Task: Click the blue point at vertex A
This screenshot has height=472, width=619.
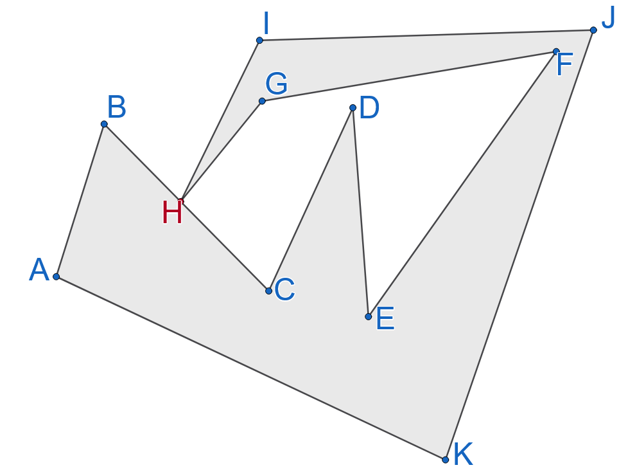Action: coord(57,277)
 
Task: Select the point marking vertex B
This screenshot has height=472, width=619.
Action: coord(104,124)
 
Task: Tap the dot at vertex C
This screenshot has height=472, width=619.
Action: coord(268,291)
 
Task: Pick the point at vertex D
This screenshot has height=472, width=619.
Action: coord(353,107)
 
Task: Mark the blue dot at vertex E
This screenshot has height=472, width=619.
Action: coord(368,316)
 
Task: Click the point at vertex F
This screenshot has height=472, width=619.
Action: coord(556,51)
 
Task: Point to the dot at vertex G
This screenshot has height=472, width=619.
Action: coord(262,101)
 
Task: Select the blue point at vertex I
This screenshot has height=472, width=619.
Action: coord(259,41)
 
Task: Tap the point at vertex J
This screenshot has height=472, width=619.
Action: coord(593,30)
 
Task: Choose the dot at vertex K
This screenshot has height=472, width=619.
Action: coord(445,459)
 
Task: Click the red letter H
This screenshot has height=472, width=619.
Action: coord(172,213)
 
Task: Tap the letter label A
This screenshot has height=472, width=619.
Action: coord(39,270)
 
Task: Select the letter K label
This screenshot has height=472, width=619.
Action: coord(463,455)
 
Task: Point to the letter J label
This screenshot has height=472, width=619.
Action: coord(607,19)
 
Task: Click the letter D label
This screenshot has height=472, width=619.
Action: coord(369,109)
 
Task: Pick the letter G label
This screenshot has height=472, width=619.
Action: coord(276,84)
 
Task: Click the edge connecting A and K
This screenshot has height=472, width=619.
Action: coord(250,368)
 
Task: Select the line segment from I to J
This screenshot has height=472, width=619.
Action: coord(426,35)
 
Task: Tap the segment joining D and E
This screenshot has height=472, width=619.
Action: coord(360,212)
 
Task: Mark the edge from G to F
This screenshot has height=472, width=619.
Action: coord(409,76)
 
